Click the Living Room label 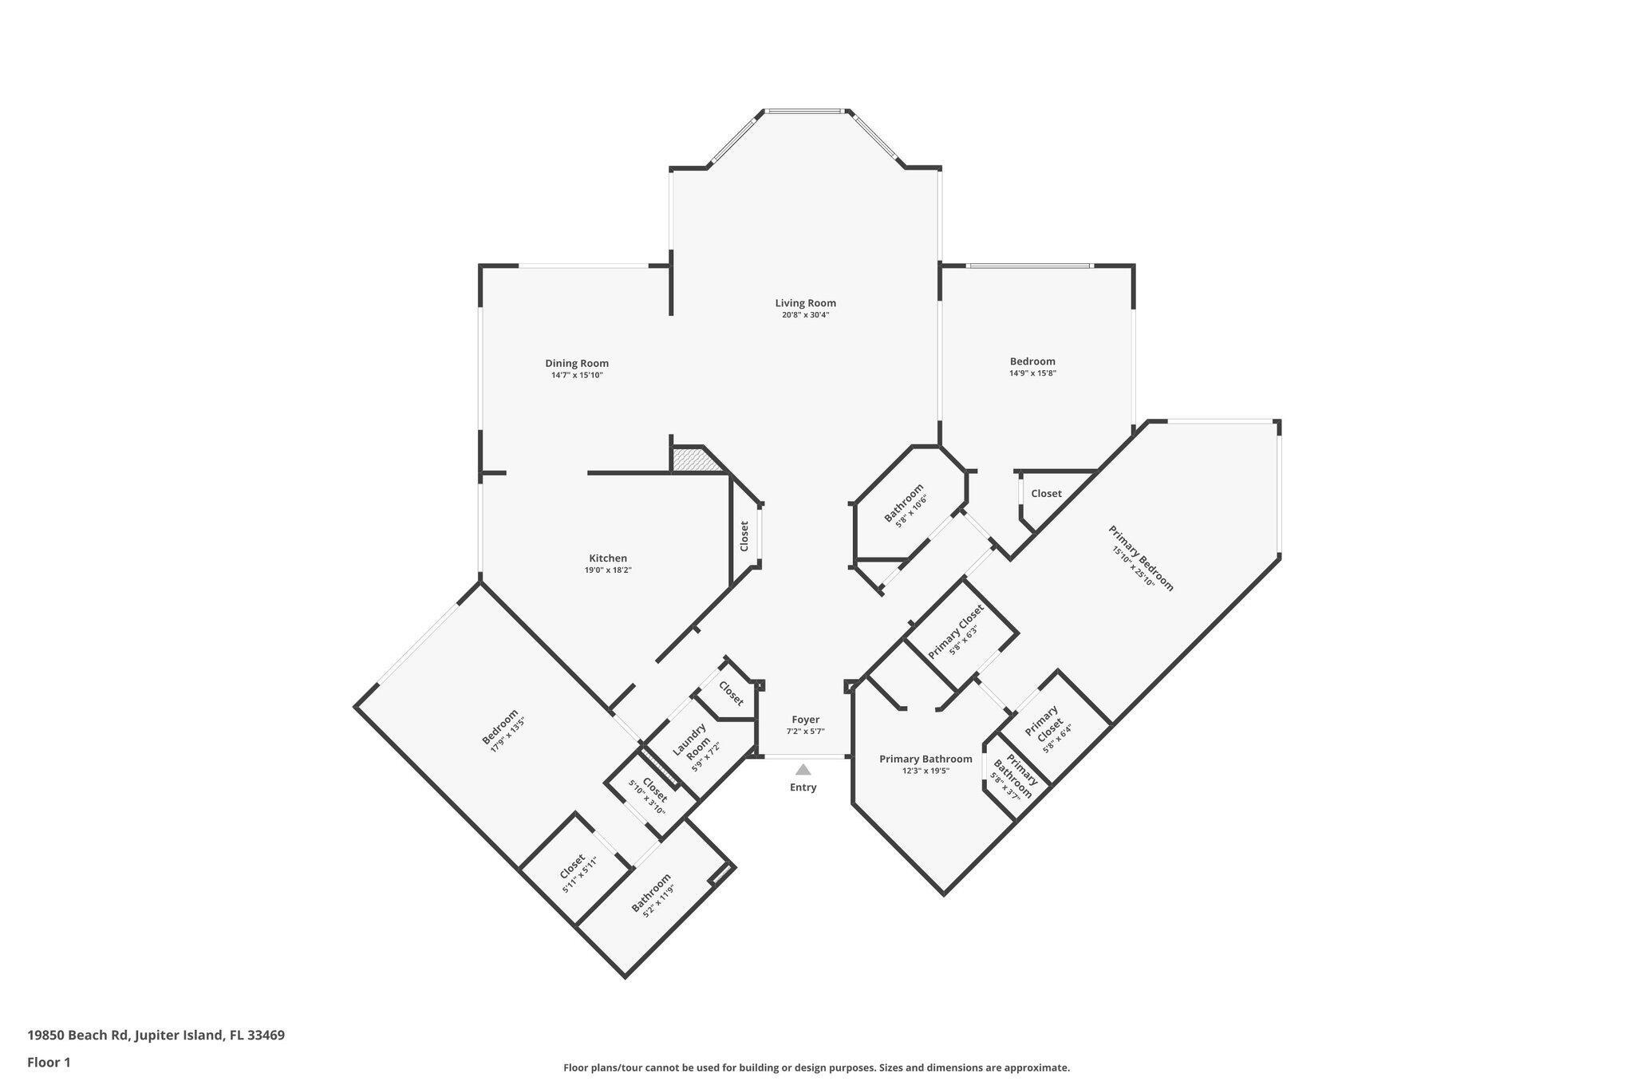805,303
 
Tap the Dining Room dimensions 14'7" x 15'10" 576,375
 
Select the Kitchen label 608,558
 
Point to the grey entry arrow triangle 803,770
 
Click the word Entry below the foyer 803,787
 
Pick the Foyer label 805,720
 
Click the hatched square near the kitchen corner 687,460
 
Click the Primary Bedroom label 1141,558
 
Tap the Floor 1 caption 49,1062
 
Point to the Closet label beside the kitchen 744,536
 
